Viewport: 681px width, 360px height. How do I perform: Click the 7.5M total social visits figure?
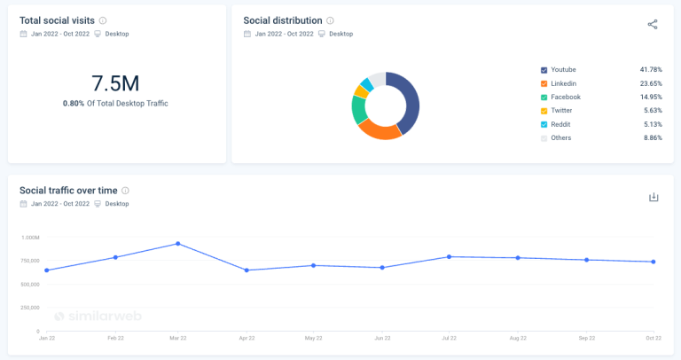coord(115,83)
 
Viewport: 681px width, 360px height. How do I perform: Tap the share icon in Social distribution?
coord(653,24)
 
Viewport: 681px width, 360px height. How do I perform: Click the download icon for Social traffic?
coord(654,197)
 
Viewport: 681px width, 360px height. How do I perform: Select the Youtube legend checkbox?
coord(544,69)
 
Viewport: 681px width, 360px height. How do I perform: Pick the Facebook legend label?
coord(566,97)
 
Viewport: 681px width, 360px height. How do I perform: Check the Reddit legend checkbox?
coord(544,124)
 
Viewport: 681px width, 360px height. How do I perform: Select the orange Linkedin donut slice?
coord(379,130)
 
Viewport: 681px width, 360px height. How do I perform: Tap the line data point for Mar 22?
coord(178,243)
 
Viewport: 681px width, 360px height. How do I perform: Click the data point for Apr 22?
coord(247,270)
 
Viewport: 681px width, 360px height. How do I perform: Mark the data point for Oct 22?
coord(654,262)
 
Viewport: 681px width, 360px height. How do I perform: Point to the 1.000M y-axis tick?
coord(29,238)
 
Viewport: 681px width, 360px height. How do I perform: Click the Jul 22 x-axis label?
coord(450,338)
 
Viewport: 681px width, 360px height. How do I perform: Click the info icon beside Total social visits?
coord(103,20)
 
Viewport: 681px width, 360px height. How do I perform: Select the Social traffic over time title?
coord(67,190)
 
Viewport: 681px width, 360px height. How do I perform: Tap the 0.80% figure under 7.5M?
coord(73,104)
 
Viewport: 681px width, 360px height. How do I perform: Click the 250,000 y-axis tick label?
coord(29,308)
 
